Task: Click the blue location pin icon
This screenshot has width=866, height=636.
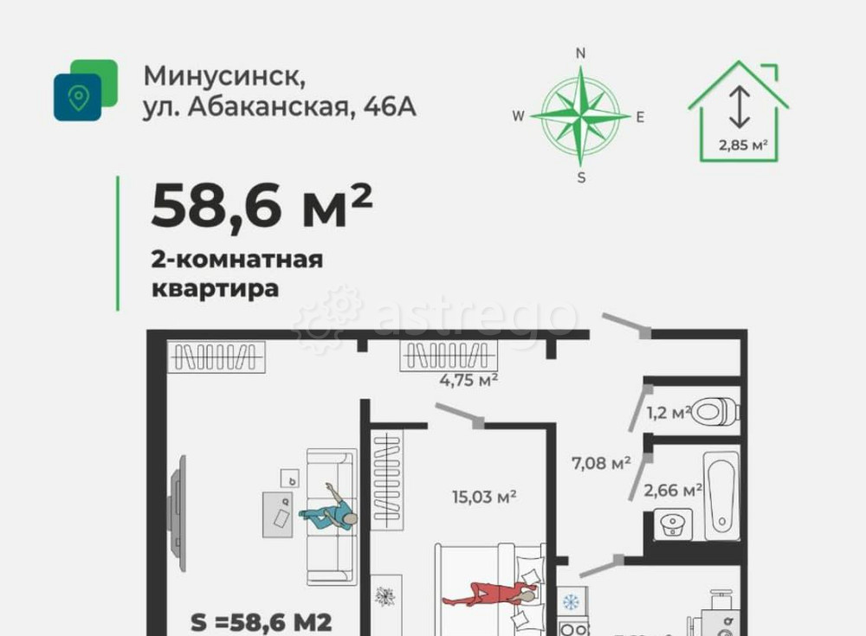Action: tap(78, 97)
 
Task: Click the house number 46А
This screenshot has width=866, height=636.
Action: tap(390, 107)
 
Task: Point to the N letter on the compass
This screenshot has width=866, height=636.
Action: tap(581, 54)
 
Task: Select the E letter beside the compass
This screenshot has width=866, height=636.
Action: tap(640, 118)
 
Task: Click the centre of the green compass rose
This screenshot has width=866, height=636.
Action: tap(581, 116)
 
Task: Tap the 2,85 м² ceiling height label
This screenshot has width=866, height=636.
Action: tap(744, 145)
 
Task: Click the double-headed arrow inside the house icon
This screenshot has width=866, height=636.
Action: tap(739, 106)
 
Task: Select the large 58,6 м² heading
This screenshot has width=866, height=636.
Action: tap(262, 207)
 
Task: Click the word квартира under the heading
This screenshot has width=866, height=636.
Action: tap(216, 288)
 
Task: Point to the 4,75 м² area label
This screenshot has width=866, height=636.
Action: tap(469, 380)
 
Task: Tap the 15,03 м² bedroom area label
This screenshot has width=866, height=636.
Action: tap(484, 497)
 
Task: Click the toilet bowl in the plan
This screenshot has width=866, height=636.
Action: tap(714, 411)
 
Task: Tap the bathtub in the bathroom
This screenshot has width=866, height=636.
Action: tap(721, 494)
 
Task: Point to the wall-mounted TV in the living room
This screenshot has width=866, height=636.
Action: tap(178, 514)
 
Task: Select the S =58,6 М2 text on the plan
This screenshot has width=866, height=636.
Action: tap(261, 622)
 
